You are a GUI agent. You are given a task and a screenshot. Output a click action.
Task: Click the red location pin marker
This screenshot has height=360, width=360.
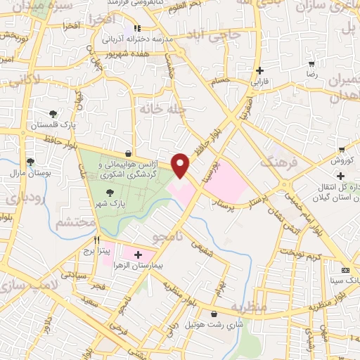pyautogui.click(x=181, y=165)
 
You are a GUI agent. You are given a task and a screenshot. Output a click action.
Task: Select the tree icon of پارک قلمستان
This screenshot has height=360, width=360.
pyautogui.click(x=53, y=114)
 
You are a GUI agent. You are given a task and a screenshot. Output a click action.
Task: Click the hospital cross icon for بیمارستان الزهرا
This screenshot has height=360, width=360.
pyautogui.click(x=138, y=255)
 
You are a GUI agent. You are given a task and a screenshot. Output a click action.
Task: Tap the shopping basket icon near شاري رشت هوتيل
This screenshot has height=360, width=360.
pyautogui.click(x=214, y=314)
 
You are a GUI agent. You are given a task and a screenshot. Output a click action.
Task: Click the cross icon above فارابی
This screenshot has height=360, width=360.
pyautogui.click(x=260, y=71)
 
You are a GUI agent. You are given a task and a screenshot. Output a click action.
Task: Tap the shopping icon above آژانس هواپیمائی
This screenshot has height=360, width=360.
pyautogui.click(x=127, y=153)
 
